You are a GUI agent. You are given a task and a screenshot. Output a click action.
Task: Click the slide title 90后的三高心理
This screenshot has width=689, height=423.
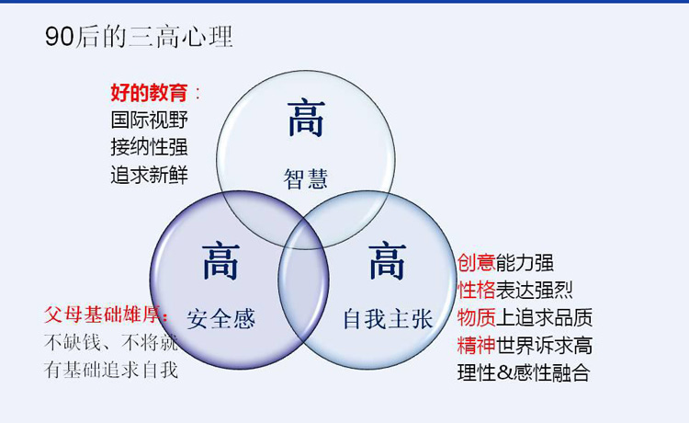pyautogui.click(x=139, y=36)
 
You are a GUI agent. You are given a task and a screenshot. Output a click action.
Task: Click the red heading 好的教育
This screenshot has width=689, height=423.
pyautogui.click(x=150, y=92)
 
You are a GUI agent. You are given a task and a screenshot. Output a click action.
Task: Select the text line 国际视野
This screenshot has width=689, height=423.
pyautogui.click(x=150, y=120)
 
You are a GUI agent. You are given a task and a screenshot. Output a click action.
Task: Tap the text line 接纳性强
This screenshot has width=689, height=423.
pyautogui.click(x=150, y=147)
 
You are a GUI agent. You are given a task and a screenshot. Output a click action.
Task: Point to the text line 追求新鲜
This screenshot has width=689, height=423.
pyautogui.click(x=150, y=175)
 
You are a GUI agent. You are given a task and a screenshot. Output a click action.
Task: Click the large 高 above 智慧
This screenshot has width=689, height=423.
pyautogui.click(x=306, y=118)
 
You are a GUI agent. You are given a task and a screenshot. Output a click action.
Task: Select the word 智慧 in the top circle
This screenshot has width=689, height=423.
pyautogui.click(x=306, y=179)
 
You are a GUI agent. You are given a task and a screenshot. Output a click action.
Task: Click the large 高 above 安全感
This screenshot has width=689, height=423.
pyautogui.click(x=220, y=262)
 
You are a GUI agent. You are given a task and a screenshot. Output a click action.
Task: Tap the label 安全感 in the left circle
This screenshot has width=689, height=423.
pyautogui.click(x=221, y=319)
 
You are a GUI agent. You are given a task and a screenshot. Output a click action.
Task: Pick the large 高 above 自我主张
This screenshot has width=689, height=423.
pyautogui.click(x=388, y=261)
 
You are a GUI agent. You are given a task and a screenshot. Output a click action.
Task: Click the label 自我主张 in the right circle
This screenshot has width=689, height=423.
pyautogui.click(x=389, y=319)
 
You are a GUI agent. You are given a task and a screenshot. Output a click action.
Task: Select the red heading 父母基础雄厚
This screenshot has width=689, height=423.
pyautogui.click(x=104, y=314)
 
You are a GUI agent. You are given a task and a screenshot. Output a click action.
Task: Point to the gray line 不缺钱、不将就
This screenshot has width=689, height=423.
pyautogui.click(x=111, y=342)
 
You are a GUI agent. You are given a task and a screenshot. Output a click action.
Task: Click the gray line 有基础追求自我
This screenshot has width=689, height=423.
pyautogui.click(x=111, y=370)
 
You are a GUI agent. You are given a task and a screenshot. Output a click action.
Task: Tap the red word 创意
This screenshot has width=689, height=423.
pyautogui.click(x=476, y=262)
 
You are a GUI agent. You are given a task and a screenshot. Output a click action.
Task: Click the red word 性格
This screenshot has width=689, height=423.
pyautogui.click(x=476, y=290)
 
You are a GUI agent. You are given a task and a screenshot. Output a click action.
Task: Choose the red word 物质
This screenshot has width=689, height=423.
pyautogui.click(x=476, y=317)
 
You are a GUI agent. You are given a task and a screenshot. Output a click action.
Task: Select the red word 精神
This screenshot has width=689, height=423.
pyautogui.click(x=476, y=345)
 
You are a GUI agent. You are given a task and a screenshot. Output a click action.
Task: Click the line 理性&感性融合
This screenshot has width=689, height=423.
pyautogui.click(x=524, y=372)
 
